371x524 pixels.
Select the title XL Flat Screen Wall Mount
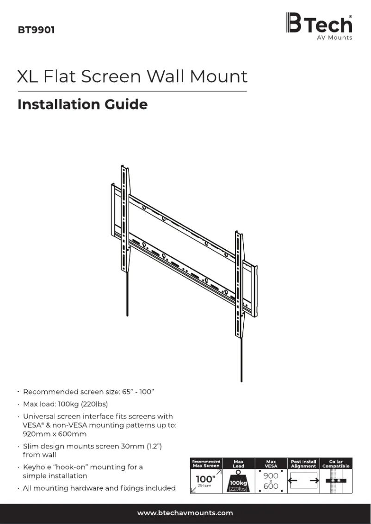(x=132, y=76)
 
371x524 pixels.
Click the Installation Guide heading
(x=82, y=105)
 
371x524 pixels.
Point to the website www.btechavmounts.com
(x=185, y=512)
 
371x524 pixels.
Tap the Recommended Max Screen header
(x=206, y=463)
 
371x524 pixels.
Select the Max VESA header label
(x=271, y=463)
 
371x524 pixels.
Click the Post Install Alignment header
(x=303, y=463)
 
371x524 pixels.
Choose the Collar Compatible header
(x=336, y=463)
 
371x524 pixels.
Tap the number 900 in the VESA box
(x=271, y=475)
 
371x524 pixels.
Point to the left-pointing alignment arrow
(x=293, y=481)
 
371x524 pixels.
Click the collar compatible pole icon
(x=336, y=481)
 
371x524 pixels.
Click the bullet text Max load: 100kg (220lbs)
(x=65, y=404)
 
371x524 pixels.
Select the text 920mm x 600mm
(x=55, y=434)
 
